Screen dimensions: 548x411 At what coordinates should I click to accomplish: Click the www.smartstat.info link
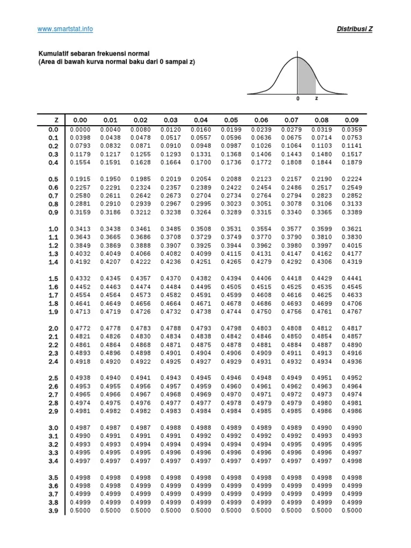click(x=65, y=29)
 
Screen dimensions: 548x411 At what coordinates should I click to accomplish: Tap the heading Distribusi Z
click(x=355, y=29)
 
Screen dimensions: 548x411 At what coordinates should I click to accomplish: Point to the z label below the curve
click(x=316, y=98)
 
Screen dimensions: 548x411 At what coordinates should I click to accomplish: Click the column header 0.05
click(x=231, y=120)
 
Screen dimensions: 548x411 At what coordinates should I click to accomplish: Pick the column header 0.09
click(x=352, y=120)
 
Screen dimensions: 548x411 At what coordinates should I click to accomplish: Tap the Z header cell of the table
click(x=56, y=120)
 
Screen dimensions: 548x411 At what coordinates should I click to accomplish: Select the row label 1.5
click(x=53, y=279)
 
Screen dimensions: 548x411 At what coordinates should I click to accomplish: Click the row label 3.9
click(x=53, y=511)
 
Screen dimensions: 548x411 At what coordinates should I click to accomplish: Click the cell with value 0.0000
click(x=80, y=130)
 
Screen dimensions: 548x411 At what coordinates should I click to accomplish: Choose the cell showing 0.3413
click(x=80, y=229)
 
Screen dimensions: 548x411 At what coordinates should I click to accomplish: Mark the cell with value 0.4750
click(x=261, y=311)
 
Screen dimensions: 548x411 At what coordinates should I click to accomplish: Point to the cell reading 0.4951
click(x=322, y=378)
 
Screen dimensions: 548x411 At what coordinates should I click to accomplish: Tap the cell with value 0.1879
click(x=352, y=163)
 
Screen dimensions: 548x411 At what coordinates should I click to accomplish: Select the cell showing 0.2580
click(x=80, y=196)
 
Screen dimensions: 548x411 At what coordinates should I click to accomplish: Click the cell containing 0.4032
click(x=80, y=254)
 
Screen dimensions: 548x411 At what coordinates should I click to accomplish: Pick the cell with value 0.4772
click(x=80, y=328)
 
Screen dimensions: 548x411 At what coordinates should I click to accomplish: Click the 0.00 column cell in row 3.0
click(x=80, y=428)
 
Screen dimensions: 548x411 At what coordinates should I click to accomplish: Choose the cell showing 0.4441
click(x=352, y=279)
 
